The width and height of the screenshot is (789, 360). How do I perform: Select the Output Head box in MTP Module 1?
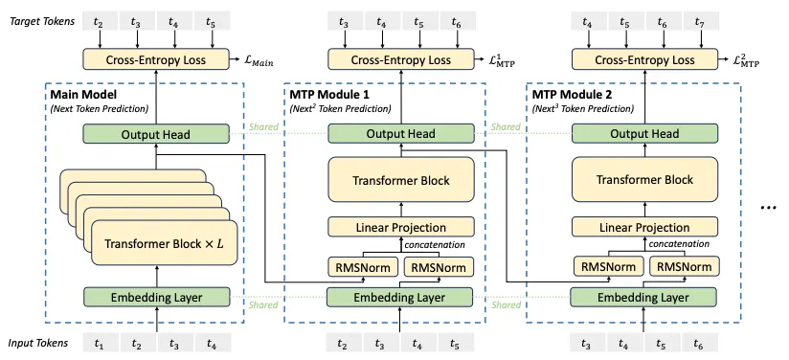point(401,134)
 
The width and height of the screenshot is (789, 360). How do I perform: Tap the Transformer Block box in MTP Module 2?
point(643,180)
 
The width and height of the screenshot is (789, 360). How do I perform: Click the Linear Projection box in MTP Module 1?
point(401,227)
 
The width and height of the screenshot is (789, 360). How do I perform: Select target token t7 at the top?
point(699,20)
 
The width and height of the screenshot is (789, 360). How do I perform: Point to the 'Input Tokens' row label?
point(36,343)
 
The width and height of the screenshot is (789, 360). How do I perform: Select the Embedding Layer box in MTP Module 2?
point(643,297)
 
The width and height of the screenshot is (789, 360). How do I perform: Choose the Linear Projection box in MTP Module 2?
point(643,227)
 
